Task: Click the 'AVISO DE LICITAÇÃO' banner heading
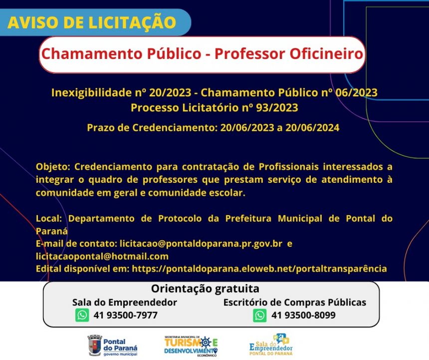(x=92, y=22)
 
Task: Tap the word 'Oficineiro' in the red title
(x=326, y=53)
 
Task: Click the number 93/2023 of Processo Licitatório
(x=277, y=107)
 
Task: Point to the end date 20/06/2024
(x=312, y=128)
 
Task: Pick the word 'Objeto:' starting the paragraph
(x=53, y=167)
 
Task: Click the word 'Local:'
(x=49, y=219)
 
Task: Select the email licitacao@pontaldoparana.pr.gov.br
(x=201, y=244)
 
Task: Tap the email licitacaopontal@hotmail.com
(x=102, y=257)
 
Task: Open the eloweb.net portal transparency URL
(x=259, y=269)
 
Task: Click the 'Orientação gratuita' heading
(x=205, y=289)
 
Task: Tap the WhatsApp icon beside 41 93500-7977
(x=82, y=315)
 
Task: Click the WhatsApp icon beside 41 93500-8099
(x=259, y=315)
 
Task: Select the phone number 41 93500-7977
(x=126, y=316)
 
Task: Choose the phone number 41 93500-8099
(x=303, y=316)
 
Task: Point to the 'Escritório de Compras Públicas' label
(x=295, y=303)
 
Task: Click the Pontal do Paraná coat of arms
(x=94, y=346)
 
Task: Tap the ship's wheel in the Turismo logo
(x=206, y=342)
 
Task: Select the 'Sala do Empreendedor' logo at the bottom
(x=271, y=345)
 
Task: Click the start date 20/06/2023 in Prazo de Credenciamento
(x=247, y=128)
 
